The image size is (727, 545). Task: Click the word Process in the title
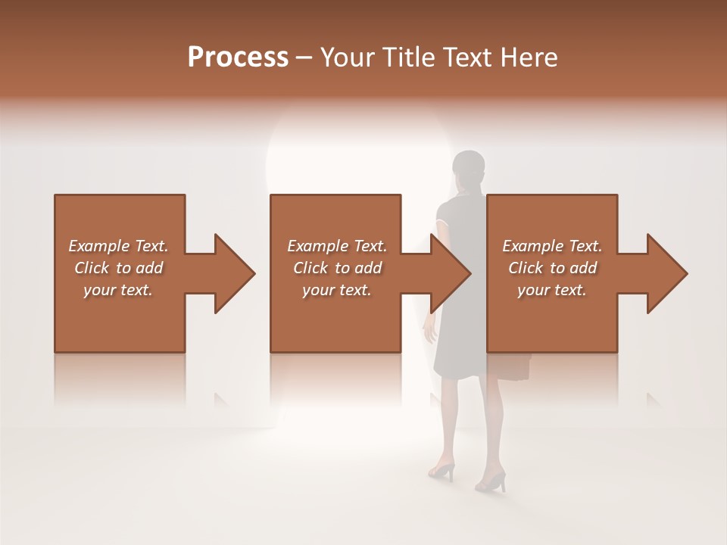[x=238, y=58]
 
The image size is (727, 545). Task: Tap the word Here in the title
[x=529, y=58]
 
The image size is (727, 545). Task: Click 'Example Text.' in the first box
[x=118, y=246]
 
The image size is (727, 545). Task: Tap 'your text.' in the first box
[x=118, y=290]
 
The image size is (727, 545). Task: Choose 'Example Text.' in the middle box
[x=337, y=246]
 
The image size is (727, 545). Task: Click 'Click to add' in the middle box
[x=337, y=268]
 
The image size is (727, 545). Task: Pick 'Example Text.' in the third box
[x=552, y=246]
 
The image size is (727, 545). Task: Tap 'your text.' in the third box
[x=552, y=290]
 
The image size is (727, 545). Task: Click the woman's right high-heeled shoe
[x=492, y=481]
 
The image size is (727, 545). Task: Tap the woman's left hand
[x=431, y=333]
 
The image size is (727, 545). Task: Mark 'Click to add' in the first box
[x=118, y=268]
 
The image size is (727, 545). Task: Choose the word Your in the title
[x=347, y=58]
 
